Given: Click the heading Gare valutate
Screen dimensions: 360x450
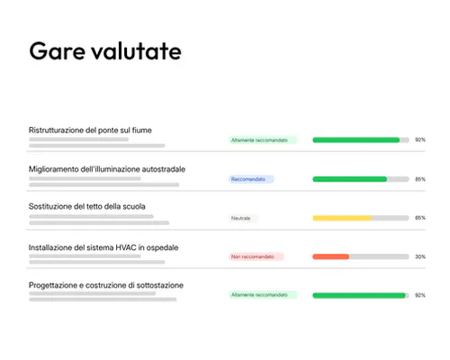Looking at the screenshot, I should click(x=105, y=50).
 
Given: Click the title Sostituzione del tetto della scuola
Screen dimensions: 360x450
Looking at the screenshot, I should click(x=86, y=207).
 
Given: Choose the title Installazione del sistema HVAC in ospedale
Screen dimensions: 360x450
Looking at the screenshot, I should click(x=105, y=247).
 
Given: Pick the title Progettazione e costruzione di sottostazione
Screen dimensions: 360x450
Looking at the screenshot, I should click(x=106, y=285).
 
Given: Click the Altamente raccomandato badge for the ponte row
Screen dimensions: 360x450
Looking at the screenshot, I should click(x=262, y=140).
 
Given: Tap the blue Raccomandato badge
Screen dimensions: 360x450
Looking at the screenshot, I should click(x=251, y=179).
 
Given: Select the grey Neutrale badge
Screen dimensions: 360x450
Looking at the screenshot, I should click(x=243, y=218).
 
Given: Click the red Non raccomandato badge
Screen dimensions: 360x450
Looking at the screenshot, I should click(x=256, y=256).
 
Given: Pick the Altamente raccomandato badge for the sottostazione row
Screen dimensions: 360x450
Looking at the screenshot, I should click(x=262, y=295).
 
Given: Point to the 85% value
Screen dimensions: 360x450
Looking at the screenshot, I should click(x=420, y=179).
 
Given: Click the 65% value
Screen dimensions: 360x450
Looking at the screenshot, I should click(x=420, y=218).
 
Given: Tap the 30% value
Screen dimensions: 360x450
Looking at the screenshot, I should click(x=420, y=256).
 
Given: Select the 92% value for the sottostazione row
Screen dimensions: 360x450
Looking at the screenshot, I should click(x=420, y=295).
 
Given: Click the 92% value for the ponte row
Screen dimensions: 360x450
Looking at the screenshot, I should click(x=420, y=140).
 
